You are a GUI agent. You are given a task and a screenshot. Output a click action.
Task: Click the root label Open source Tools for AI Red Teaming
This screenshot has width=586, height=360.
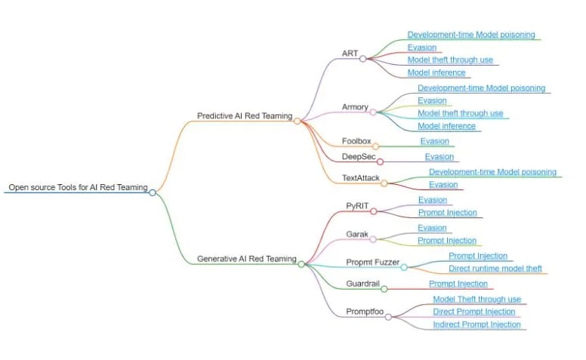tap(78, 187)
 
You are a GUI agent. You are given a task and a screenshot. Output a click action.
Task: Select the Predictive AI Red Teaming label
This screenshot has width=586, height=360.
tap(245, 115)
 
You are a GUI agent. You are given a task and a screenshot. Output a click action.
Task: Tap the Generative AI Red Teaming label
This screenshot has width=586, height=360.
tap(247, 258)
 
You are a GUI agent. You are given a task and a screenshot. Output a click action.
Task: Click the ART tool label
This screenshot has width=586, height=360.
tap(350, 54)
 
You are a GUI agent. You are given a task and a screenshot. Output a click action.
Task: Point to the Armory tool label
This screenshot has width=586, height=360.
tap(355, 107)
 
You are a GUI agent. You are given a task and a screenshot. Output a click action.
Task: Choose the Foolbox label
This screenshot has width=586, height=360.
tap(356, 141)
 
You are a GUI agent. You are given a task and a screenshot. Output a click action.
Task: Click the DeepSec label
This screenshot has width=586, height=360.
tap(359, 156)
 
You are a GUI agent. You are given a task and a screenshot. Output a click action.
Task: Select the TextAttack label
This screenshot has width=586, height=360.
tap(361, 178)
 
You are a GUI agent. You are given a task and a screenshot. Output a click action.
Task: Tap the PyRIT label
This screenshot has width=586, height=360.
tap(357, 206)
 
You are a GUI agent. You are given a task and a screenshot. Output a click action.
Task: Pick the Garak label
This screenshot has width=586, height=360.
tap(357, 234)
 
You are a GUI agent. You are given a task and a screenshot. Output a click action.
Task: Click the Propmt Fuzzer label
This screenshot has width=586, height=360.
tap(372, 262)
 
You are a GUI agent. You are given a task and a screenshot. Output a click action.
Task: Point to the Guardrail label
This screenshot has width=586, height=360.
tap(363, 284)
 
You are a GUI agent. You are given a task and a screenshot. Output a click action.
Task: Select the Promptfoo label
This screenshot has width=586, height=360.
tap(365, 312)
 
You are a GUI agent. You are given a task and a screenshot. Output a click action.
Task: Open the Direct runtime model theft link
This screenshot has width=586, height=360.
tap(495, 268)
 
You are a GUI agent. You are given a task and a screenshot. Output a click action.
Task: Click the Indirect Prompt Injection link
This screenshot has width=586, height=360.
tap(477, 324)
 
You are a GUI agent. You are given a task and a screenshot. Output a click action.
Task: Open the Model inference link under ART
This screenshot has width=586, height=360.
tap(436, 72)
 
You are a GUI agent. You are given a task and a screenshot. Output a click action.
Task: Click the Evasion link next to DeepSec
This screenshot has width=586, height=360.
tap(439, 156)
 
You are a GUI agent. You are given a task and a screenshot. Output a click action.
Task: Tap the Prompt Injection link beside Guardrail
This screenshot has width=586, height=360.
tap(458, 284)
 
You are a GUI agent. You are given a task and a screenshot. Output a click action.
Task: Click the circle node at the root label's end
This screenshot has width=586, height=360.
tap(153, 192)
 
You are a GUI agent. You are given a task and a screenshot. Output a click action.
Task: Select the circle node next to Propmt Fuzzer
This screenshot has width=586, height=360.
tap(404, 267)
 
